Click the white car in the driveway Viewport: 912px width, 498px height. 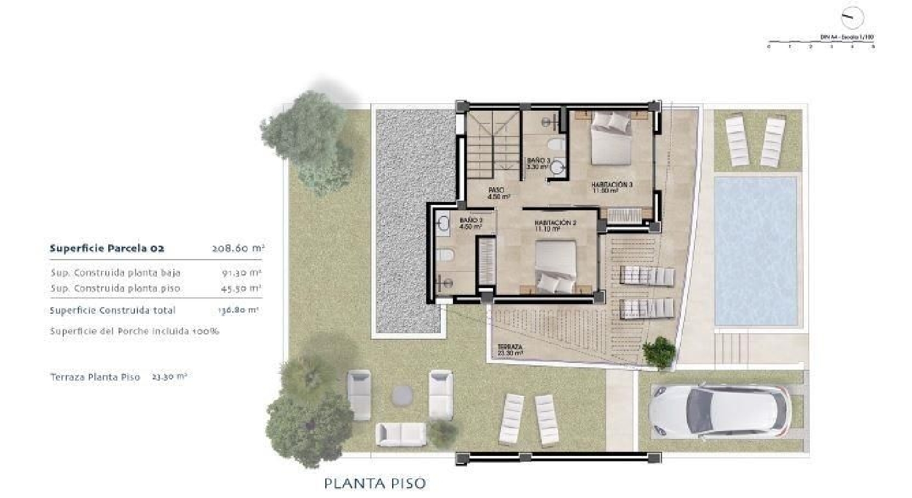click(x=720, y=412)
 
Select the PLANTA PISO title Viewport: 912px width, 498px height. click(x=375, y=483)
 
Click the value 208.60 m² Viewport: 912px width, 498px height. click(x=238, y=248)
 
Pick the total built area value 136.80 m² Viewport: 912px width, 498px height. click(x=238, y=310)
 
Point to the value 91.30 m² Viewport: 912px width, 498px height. click(x=241, y=273)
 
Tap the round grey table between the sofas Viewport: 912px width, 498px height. click(x=401, y=395)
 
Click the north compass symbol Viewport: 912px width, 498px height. click(x=852, y=16)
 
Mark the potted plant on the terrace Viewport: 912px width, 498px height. click(x=659, y=352)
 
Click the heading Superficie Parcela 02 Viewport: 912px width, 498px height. click(x=107, y=248)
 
